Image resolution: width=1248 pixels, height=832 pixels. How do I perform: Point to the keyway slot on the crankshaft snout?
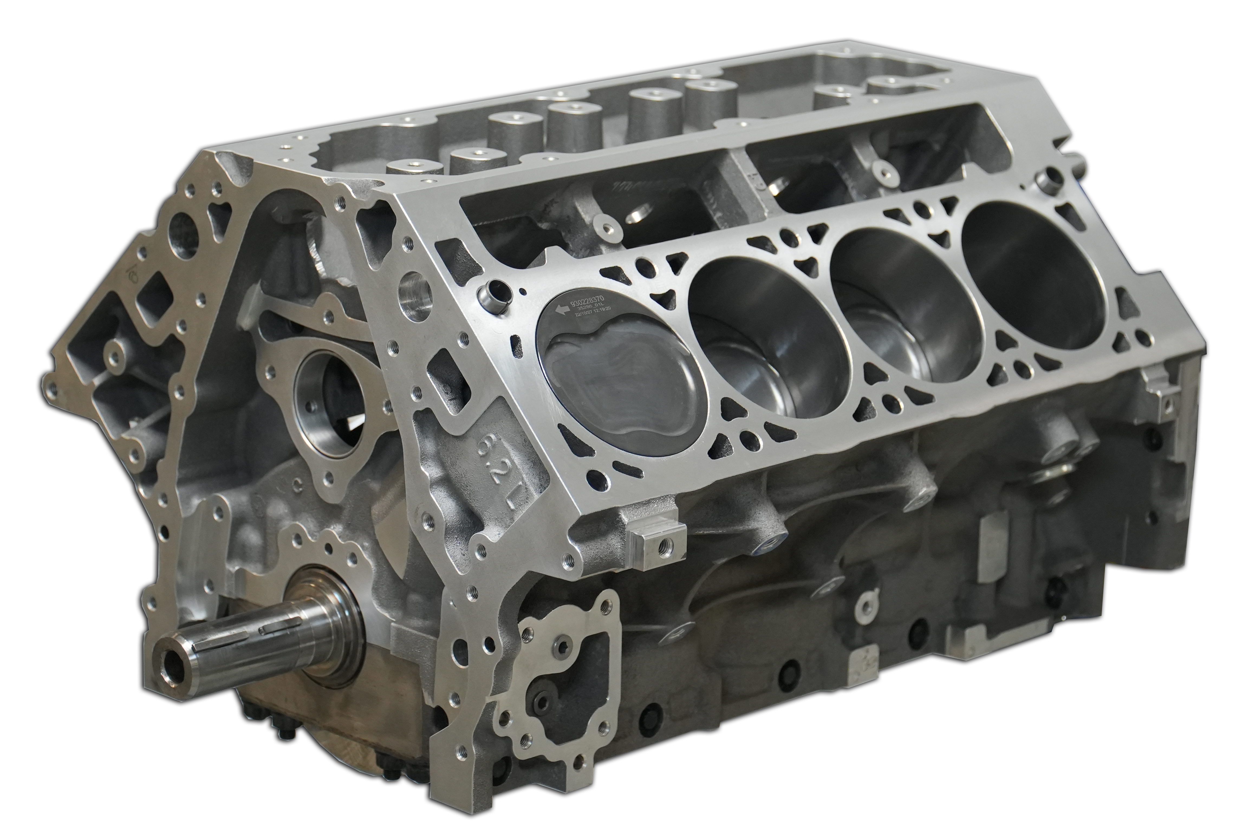[276, 630]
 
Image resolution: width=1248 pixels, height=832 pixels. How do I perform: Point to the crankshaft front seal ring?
[329, 626]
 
